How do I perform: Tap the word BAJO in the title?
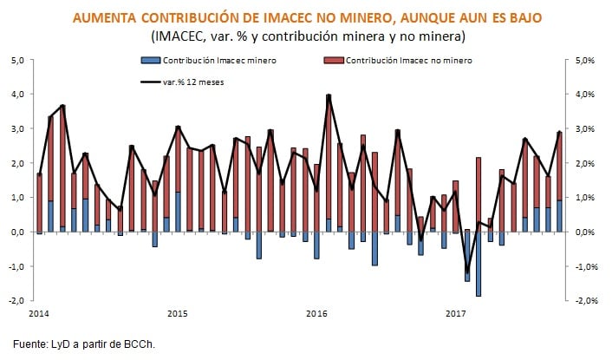click(523, 16)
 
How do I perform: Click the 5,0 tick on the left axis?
click(18, 60)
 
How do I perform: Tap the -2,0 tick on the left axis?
click(16, 300)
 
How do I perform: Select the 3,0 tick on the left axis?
click(18, 128)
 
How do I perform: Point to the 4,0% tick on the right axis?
click(583, 95)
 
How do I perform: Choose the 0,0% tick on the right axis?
click(583, 232)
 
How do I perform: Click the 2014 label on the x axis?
click(37, 311)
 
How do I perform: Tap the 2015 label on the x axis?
click(177, 311)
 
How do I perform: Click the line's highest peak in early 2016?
click(329, 95)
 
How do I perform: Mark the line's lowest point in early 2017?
click(466, 272)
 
